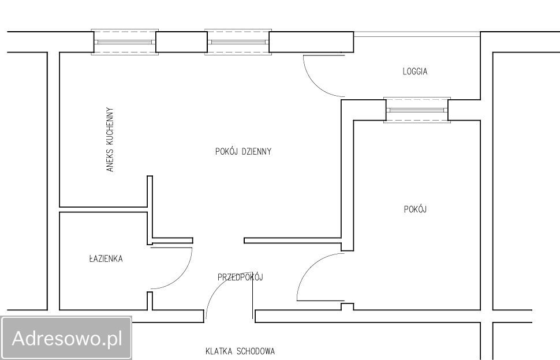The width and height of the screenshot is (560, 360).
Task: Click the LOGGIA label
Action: point(415,72)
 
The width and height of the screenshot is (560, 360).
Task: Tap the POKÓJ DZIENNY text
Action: point(243,151)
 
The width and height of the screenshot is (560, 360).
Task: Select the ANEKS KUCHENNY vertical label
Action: point(110,140)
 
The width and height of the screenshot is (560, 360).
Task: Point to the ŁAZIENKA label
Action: point(106,258)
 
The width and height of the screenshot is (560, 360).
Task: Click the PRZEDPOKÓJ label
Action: point(240,277)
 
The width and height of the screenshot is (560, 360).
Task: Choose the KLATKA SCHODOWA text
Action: point(240,351)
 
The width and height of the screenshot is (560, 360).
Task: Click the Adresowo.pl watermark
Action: point(67,338)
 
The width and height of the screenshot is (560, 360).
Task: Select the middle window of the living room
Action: point(238,42)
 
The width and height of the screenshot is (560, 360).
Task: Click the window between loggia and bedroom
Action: point(417,110)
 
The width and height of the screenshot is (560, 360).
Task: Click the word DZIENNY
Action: point(256,151)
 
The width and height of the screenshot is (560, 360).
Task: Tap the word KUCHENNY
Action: point(110,123)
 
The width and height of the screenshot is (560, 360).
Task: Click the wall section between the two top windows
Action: point(181,42)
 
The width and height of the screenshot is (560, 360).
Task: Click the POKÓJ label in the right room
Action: point(415,209)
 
